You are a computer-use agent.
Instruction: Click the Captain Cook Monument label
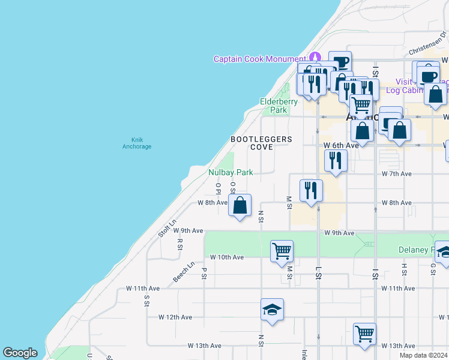(260, 59)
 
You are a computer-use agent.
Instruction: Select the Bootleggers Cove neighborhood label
(262, 143)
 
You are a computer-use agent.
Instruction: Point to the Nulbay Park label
(231, 172)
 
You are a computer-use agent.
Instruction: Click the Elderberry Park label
(279, 106)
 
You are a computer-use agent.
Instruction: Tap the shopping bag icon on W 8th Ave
(240, 206)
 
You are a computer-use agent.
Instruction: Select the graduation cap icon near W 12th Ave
(272, 310)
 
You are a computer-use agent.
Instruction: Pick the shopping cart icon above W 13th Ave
(364, 333)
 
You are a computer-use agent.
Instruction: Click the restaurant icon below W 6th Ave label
(336, 160)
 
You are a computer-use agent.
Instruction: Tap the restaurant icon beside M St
(311, 191)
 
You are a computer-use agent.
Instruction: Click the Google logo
(20, 353)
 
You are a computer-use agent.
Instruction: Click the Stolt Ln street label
(167, 228)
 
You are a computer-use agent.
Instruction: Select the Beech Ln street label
(184, 272)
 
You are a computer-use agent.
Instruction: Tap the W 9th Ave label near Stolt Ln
(190, 230)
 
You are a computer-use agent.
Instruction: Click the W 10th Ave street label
(227, 257)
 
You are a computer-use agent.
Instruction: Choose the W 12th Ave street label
(175, 317)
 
